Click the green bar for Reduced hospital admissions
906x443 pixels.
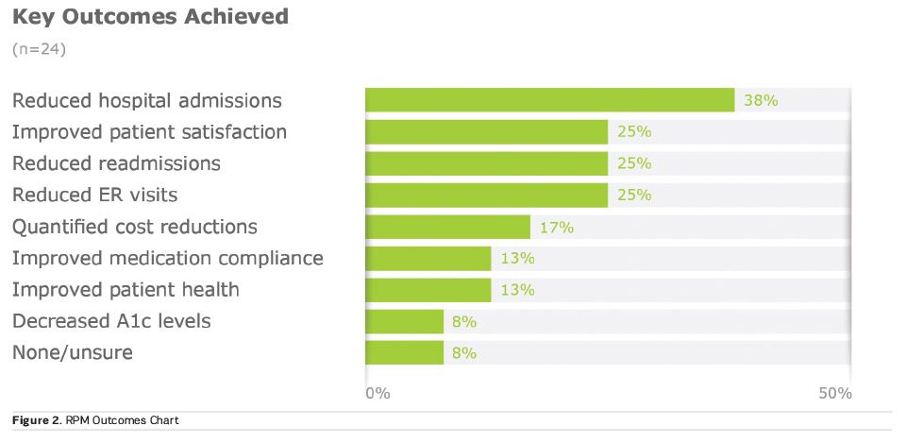[549, 100]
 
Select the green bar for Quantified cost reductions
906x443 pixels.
[447, 227]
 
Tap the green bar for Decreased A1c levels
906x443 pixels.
[404, 321]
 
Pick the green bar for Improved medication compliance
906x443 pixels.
[428, 258]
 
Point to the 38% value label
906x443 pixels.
[760, 100]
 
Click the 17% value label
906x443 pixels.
[557, 227]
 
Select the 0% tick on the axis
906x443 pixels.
[377, 393]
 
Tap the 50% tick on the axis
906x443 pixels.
[835, 393]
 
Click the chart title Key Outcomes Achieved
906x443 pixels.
[150, 17]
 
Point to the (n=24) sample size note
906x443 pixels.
[38, 48]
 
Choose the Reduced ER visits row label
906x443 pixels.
[94, 196]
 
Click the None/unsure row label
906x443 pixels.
[73, 353]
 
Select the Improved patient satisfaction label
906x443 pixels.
[149, 132]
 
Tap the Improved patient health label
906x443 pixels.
[126, 290]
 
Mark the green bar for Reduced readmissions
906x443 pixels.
[486, 163]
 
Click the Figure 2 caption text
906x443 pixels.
[95, 420]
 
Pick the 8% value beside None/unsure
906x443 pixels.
[463, 353]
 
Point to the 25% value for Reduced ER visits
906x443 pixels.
[634, 196]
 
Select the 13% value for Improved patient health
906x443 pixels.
[517, 290]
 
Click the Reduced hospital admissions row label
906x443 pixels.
[146, 100]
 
